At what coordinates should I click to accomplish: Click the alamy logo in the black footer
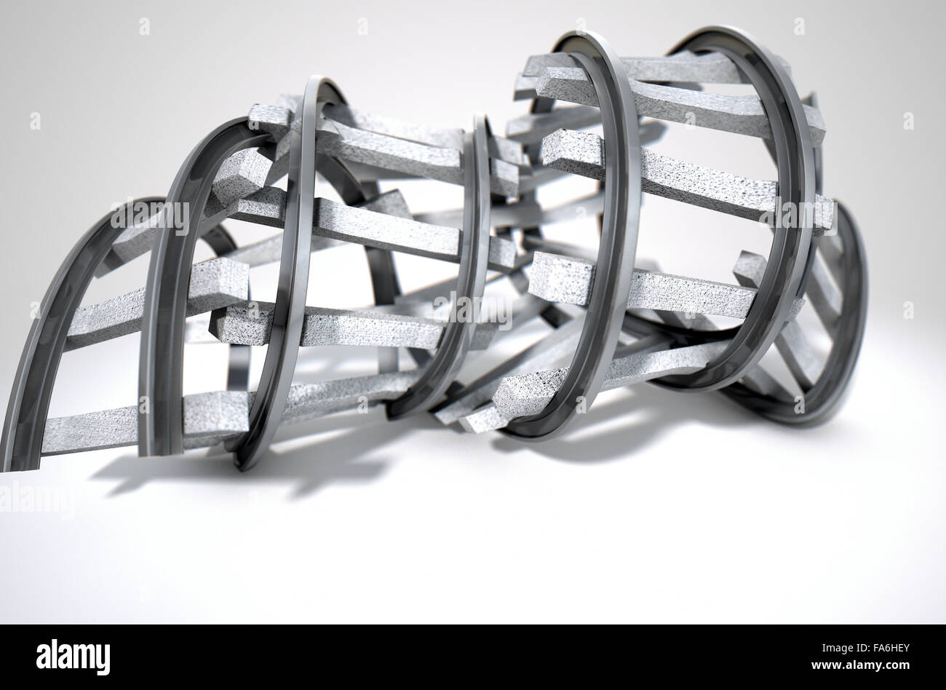pyautogui.click(x=73, y=657)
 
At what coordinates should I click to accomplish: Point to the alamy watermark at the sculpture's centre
pyautogui.click(x=473, y=309)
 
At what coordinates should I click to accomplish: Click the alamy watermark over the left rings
pyautogui.click(x=150, y=216)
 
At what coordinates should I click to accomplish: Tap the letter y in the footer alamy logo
pyautogui.click(x=102, y=659)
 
